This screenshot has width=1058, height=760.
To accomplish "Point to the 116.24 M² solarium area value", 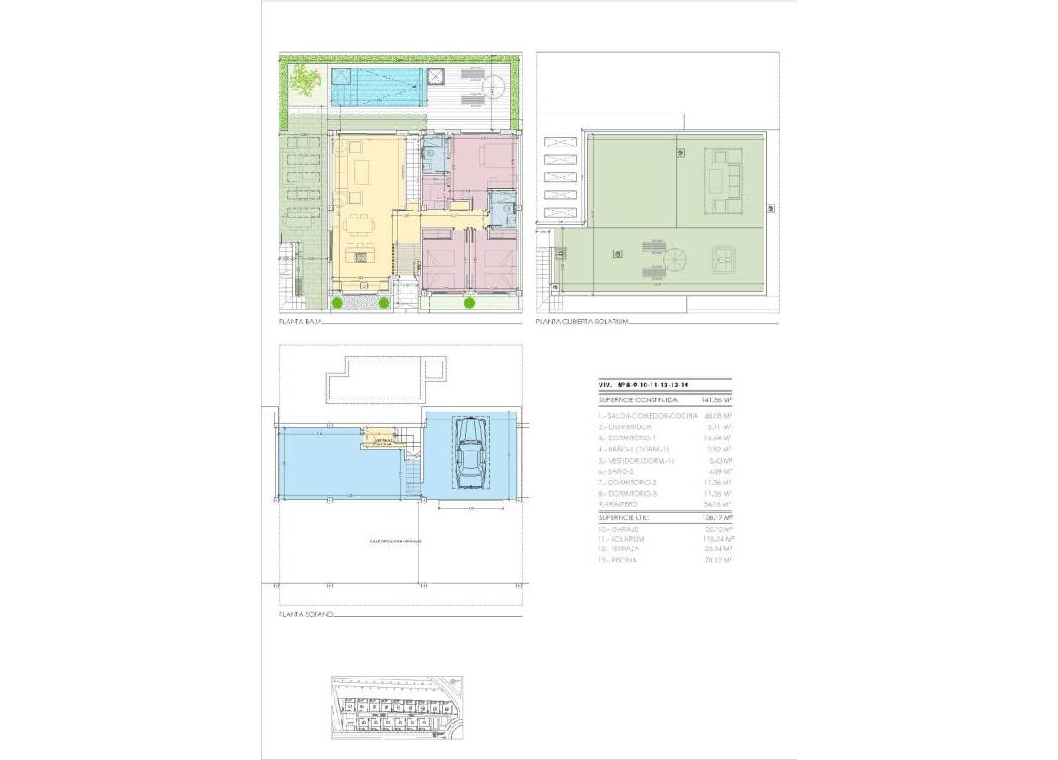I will pyautogui.click(x=716, y=539).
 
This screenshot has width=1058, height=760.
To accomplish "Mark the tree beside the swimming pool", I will pyautogui.click(x=304, y=81).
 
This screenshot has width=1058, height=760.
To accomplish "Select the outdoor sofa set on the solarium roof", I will pyautogui.click(x=723, y=181).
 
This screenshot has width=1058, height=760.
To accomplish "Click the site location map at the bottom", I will pyautogui.click(x=397, y=706).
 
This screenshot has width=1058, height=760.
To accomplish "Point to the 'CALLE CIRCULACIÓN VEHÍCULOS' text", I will pyautogui.click(x=395, y=540).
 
